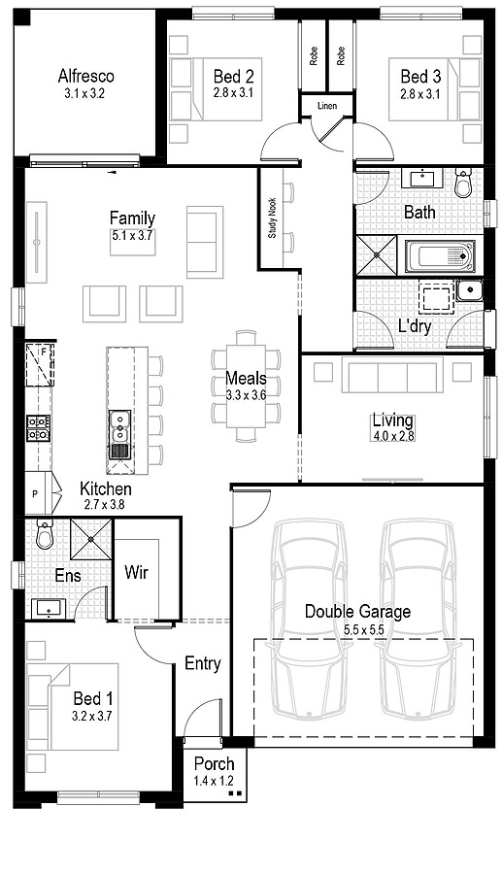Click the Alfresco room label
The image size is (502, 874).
85,76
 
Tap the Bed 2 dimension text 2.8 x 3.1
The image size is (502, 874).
234,93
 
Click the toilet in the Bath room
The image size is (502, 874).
463,180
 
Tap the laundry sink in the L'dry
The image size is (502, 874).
469,289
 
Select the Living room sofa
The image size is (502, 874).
391,375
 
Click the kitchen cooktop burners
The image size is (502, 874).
38,427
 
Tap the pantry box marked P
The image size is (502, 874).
36,494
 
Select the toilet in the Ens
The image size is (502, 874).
43,535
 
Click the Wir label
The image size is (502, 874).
136,571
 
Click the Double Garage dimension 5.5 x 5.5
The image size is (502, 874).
356,629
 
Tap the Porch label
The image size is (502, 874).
214,763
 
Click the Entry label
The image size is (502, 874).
202,664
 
